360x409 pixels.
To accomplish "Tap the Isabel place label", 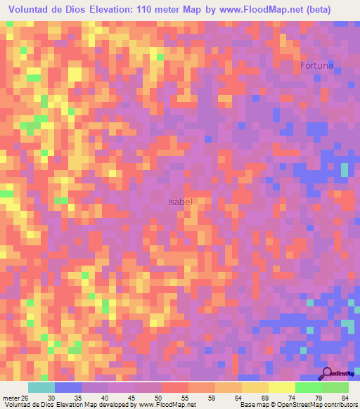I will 180,202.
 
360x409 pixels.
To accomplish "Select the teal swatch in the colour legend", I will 41,387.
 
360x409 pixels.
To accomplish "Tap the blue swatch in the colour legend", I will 68,387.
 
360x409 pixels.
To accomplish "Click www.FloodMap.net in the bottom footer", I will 167,404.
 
